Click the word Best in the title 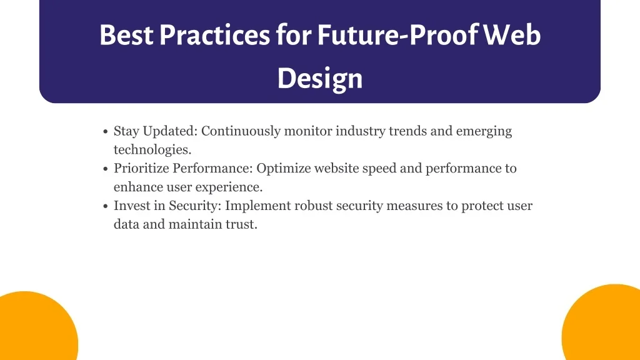126,35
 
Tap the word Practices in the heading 214,35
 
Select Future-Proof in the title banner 397,36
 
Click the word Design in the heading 320,79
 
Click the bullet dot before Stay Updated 105,131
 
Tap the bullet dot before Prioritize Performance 105,169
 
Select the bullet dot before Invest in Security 105,206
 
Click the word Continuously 241,131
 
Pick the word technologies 152,150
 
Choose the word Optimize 284,169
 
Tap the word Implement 258,206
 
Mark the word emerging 484,131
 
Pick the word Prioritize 141,169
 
